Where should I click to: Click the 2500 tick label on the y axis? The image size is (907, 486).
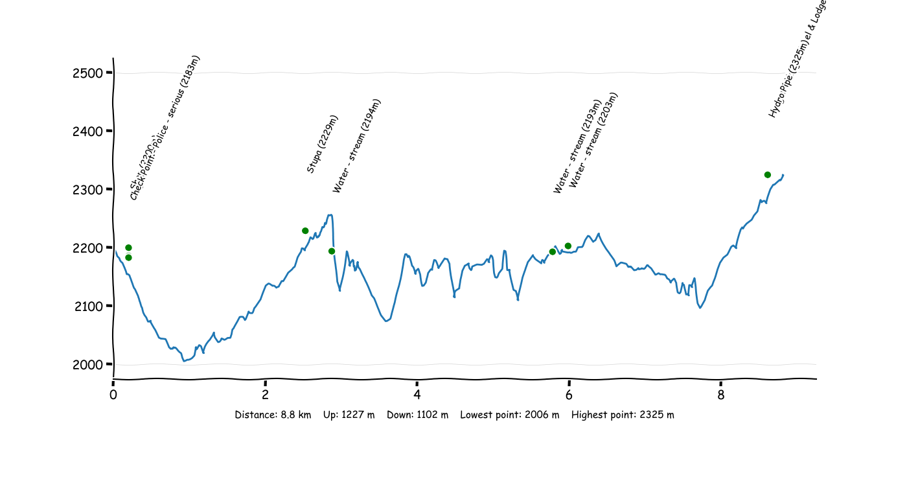pos(88,73)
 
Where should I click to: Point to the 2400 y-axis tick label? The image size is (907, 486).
pos(88,131)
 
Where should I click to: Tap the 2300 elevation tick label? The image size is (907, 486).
pos(88,189)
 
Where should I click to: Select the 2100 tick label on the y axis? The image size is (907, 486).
pos(88,306)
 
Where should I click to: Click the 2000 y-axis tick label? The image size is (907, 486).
pos(88,364)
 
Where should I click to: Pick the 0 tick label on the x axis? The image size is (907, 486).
pos(113,395)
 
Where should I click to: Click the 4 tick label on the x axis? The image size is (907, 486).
pos(417,395)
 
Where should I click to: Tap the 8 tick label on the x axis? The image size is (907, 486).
pos(721,395)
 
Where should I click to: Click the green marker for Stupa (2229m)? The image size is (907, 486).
pos(305,231)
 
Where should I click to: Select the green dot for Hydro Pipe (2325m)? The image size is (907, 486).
pos(768,175)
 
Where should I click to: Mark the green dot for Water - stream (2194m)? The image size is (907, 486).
pos(332,251)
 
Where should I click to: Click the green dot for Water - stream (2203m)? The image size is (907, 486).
pos(568,246)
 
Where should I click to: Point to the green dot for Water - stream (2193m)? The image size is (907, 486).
pos(553,252)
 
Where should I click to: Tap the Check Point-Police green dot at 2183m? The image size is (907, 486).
pos(128,258)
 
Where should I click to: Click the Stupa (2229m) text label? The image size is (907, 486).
pos(322,145)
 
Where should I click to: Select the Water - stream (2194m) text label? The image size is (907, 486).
pos(356,146)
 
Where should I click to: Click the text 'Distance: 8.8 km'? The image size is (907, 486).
pos(273,415)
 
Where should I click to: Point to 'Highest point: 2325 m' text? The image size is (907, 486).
pos(623,415)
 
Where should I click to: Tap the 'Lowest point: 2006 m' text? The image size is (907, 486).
pos(509,415)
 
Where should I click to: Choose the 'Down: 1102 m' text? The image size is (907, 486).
pos(417,415)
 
